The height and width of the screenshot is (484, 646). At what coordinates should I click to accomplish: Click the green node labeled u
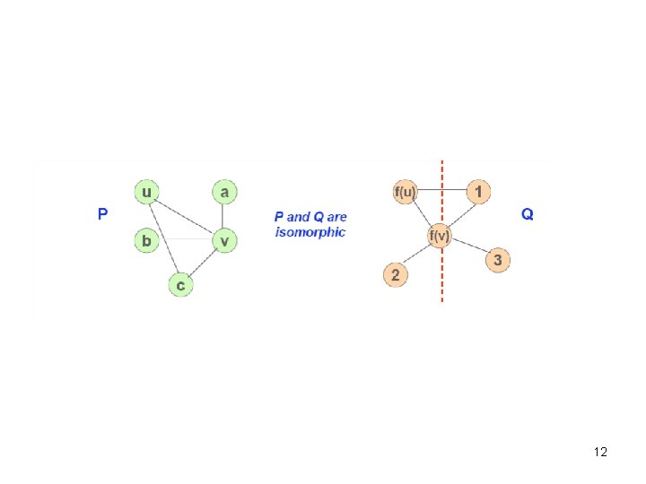point(146,191)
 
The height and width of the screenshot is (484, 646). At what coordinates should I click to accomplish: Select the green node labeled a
point(224,191)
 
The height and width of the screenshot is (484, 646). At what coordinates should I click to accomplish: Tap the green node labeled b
point(146,240)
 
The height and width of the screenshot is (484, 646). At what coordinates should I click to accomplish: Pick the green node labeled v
point(224,240)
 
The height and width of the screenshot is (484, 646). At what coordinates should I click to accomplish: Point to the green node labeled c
point(180,285)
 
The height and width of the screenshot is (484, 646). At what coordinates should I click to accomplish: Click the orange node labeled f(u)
point(405,191)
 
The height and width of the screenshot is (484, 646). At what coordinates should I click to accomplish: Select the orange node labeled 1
point(478,191)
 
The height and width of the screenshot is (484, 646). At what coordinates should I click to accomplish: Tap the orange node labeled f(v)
point(439,237)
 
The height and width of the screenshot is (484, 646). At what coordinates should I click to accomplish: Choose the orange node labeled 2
point(396,273)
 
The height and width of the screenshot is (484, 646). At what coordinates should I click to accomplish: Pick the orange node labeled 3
point(499,261)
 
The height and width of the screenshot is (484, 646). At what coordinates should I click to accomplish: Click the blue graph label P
point(103,214)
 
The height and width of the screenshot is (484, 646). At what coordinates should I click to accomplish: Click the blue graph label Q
point(527,214)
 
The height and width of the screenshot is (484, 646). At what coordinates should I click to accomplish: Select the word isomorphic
point(310,232)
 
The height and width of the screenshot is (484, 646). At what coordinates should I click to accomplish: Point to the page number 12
point(600,452)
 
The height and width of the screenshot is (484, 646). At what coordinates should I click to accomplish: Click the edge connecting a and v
point(224,215)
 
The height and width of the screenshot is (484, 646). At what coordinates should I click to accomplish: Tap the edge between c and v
point(203,263)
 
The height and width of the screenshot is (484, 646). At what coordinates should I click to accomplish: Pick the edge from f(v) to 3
point(469,249)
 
